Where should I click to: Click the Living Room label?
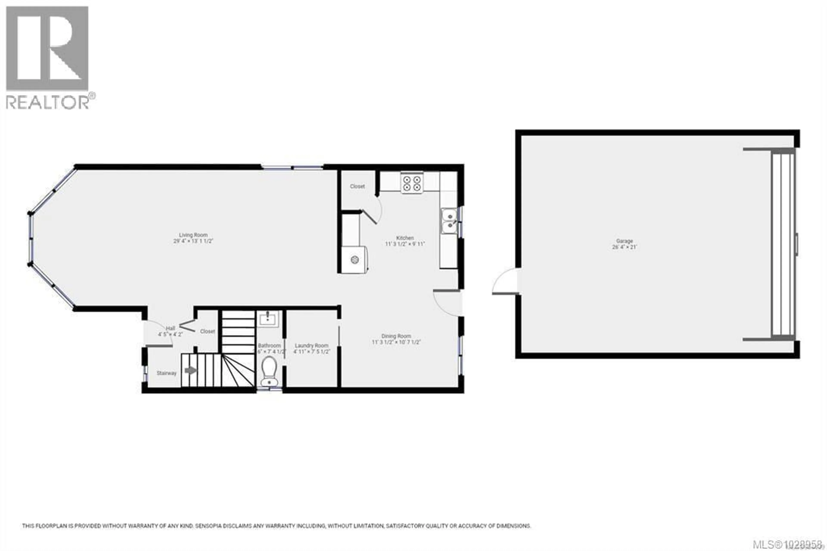193,235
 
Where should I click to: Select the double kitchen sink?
449,221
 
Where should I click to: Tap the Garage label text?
624,241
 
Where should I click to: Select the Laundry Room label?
311,346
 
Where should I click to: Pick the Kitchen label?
405,238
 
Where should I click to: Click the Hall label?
170,328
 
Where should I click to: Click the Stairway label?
166,373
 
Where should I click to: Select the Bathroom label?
269,346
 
